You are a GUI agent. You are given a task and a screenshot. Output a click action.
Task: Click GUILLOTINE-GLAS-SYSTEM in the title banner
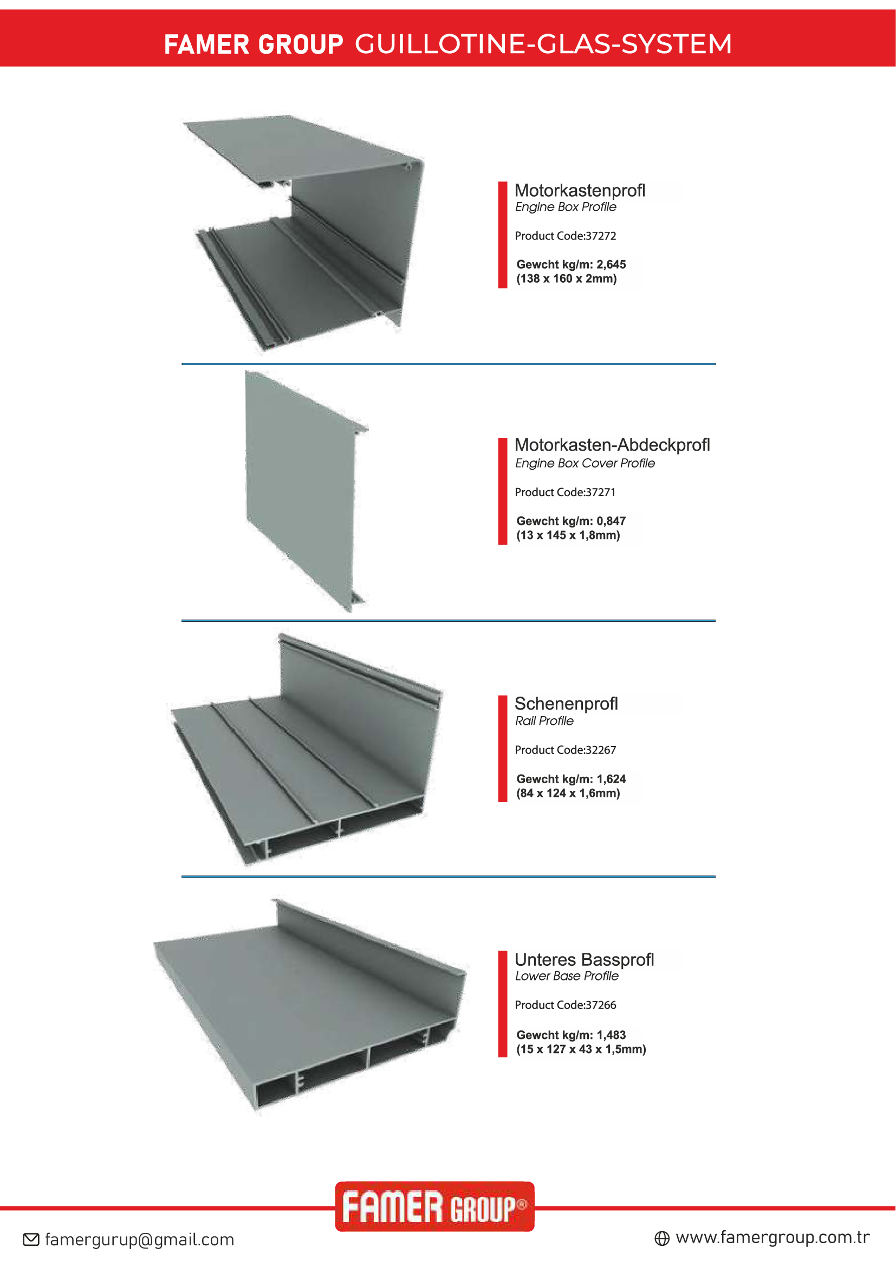click(x=543, y=44)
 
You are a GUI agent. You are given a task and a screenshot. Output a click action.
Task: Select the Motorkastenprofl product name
click(x=579, y=191)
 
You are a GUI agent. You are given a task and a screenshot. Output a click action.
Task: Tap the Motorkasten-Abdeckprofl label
click(x=611, y=445)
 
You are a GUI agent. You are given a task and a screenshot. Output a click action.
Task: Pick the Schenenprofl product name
click(x=566, y=704)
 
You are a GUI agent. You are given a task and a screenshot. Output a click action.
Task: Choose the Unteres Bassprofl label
click(x=584, y=960)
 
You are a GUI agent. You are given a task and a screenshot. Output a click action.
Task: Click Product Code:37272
click(x=565, y=236)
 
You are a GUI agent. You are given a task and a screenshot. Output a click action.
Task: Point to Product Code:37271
click(x=564, y=492)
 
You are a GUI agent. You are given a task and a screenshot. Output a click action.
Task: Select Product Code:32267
click(x=565, y=750)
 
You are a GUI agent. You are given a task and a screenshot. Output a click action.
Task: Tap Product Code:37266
click(x=565, y=1005)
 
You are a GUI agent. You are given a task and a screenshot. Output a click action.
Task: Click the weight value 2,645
click(x=611, y=265)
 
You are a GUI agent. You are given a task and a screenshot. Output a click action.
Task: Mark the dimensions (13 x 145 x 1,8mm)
click(x=568, y=535)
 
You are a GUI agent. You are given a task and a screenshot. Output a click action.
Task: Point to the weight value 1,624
click(x=611, y=779)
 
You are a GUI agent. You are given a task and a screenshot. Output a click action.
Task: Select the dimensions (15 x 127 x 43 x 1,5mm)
click(x=579, y=1050)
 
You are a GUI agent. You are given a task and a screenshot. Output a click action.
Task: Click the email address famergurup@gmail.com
click(x=140, y=1240)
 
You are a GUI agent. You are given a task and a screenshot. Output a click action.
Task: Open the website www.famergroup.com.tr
click(x=772, y=1238)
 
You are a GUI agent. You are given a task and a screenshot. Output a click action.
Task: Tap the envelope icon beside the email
click(x=31, y=1240)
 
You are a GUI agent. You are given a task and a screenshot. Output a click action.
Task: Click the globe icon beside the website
click(x=661, y=1238)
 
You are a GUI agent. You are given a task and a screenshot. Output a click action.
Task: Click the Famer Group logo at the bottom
click(x=434, y=1207)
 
